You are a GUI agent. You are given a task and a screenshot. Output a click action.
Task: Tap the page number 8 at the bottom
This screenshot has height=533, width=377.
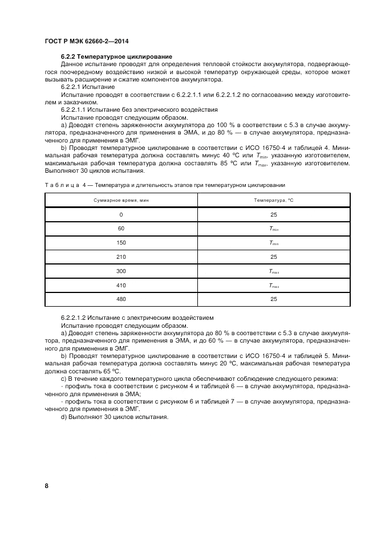point(46,486)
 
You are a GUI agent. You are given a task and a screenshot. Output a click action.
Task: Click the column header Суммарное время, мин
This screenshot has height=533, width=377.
point(121,200)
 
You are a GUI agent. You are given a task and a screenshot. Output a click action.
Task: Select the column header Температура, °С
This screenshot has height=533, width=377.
point(274,200)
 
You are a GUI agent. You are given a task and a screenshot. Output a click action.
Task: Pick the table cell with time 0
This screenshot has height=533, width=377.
point(121,214)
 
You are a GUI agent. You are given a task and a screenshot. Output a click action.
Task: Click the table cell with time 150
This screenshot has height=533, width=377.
point(121,242)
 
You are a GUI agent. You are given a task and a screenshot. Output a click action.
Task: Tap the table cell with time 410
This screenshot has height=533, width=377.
point(121,284)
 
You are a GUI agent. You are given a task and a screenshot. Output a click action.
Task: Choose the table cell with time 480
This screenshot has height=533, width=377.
point(121,299)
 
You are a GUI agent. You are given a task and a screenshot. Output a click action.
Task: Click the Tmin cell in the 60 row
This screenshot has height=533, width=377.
point(274,229)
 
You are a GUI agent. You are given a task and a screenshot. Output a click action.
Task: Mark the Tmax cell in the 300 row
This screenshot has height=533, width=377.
point(274,271)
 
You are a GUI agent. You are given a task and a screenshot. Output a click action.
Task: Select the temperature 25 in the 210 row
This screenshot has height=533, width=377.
point(274,257)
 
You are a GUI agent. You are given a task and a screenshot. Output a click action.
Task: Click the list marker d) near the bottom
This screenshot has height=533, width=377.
point(64,416)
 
